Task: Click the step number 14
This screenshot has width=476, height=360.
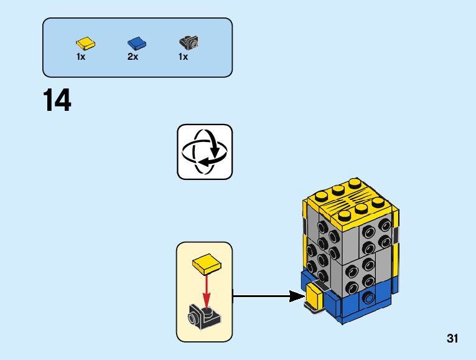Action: point(57,100)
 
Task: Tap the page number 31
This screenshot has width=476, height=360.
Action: point(452,339)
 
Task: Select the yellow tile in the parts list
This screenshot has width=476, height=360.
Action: point(86,43)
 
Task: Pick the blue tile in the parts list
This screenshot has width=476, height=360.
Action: point(136,43)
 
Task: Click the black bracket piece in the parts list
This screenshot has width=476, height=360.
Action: point(188,43)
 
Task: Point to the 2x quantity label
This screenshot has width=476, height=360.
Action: point(133,57)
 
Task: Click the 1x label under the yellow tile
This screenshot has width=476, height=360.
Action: point(81,57)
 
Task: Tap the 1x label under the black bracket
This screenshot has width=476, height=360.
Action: point(183,57)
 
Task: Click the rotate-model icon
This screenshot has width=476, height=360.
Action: point(205,151)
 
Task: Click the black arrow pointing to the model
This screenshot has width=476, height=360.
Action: point(261,297)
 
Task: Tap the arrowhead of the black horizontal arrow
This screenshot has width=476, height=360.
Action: point(297,297)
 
